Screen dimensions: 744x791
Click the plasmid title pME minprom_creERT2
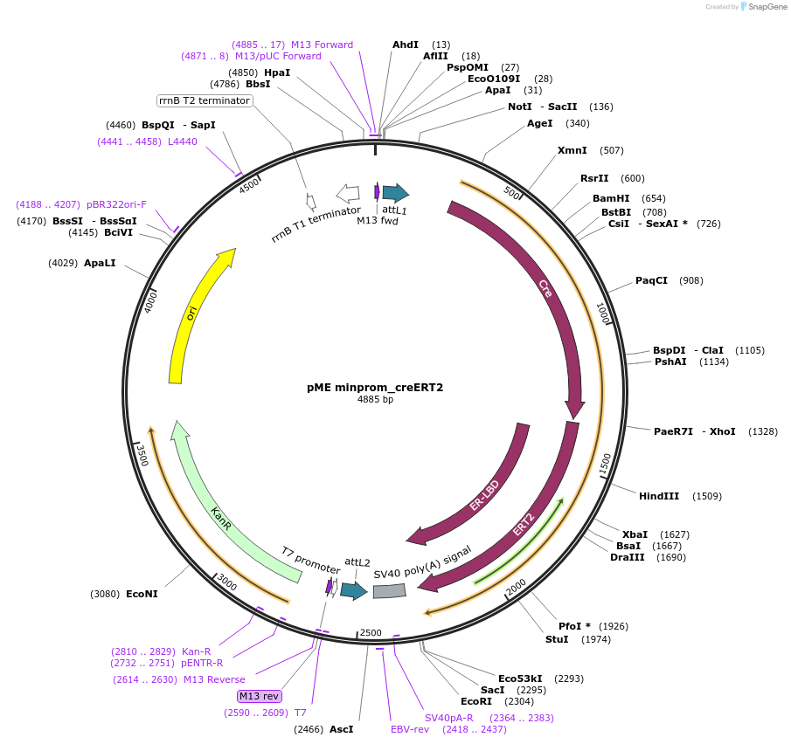point(375,387)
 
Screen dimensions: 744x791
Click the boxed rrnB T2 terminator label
point(205,100)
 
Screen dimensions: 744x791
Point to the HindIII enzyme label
point(659,496)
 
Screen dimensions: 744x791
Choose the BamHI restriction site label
point(611,198)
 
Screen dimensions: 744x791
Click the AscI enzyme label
point(341,729)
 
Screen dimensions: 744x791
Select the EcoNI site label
point(142,594)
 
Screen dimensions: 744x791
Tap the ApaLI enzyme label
point(100,263)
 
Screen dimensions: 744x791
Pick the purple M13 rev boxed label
point(260,696)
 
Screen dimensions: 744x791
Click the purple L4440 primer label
point(183,141)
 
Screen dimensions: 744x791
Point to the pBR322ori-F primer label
point(118,204)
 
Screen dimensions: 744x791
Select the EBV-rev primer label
point(410,729)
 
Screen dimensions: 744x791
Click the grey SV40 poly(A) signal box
point(389,591)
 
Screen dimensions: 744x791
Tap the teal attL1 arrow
point(395,193)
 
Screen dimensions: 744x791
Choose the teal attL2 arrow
point(353,591)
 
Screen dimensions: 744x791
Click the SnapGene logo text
point(764,7)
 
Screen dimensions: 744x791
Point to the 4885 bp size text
point(375,400)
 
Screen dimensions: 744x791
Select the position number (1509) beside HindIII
point(707,496)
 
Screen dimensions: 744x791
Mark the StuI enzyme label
point(557,639)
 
